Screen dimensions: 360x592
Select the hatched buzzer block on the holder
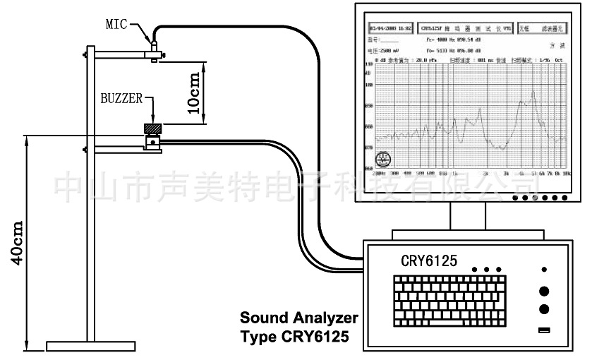click(152, 128)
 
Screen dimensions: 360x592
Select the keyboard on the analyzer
click(453, 299)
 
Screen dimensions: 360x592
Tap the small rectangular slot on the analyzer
click(543, 330)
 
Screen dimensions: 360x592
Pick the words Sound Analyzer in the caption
click(298, 317)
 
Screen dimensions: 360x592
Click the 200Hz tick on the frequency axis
click(378, 173)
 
